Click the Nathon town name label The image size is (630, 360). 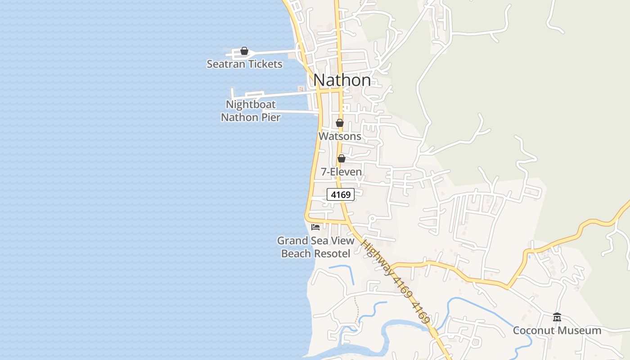342,80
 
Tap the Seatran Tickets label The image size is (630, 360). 244,64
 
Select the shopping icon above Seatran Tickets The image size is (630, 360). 244,51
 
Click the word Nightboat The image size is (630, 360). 251,105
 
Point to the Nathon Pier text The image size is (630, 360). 251,117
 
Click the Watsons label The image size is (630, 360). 340,136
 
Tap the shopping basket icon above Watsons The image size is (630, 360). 340,123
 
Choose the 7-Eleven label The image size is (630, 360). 341,172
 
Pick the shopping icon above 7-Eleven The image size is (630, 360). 342,158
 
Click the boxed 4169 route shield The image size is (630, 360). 341,195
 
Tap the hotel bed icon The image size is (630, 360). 315,227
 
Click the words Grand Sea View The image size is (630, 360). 315,241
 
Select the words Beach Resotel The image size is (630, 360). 315,254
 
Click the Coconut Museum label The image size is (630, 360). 557,331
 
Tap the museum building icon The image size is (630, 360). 557,317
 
